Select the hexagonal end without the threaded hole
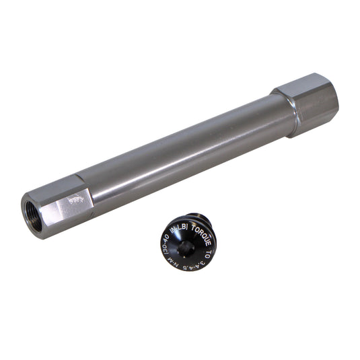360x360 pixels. [311, 103]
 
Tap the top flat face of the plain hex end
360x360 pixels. [306, 85]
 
